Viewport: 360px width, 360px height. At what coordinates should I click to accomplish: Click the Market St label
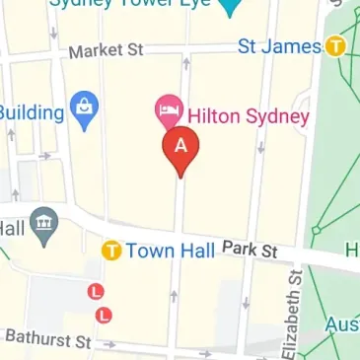pos(108,49)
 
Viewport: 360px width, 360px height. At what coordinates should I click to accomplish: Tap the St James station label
pos(281,45)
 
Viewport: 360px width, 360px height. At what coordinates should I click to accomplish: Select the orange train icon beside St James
pos(336,45)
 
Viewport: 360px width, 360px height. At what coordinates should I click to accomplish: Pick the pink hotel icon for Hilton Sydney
pos(168,108)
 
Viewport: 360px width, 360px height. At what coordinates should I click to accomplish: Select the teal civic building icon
pos(43,226)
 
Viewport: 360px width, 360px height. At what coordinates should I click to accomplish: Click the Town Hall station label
pos(169,251)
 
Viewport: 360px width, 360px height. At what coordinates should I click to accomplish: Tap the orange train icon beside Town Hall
pos(111,251)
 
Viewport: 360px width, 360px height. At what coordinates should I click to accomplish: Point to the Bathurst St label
pos(47,339)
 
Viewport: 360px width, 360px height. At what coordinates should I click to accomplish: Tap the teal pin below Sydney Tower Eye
pos(229,9)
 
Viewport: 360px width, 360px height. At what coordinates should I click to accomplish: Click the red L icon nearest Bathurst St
pos(104,315)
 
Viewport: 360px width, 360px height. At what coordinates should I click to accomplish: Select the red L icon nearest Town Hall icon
pos(96,292)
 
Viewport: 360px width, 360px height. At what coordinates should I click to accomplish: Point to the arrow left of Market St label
pos(53,34)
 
